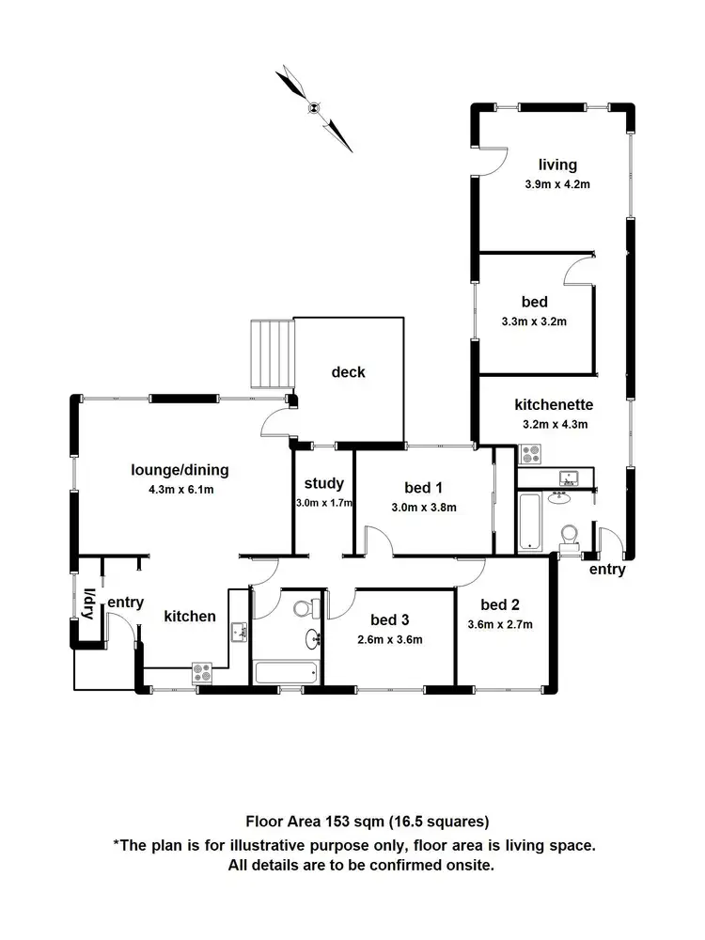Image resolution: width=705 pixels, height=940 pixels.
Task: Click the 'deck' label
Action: [x=348, y=372]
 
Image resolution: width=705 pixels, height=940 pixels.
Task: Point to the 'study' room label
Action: [x=323, y=484]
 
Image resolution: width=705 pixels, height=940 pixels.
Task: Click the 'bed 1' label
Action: [x=423, y=487]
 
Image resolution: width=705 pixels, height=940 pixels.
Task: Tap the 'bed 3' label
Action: [x=389, y=619]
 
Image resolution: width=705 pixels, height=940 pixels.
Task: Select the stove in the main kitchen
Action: [x=202, y=672]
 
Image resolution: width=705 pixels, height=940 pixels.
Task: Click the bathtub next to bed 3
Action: [x=287, y=672]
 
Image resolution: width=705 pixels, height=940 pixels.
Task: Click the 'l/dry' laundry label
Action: [x=89, y=604]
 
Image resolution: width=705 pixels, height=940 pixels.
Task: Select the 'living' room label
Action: [x=557, y=165]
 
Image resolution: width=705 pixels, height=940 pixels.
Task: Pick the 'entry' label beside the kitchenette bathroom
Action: [x=606, y=570]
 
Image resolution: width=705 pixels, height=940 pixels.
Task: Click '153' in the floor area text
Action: [x=338, y=820]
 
